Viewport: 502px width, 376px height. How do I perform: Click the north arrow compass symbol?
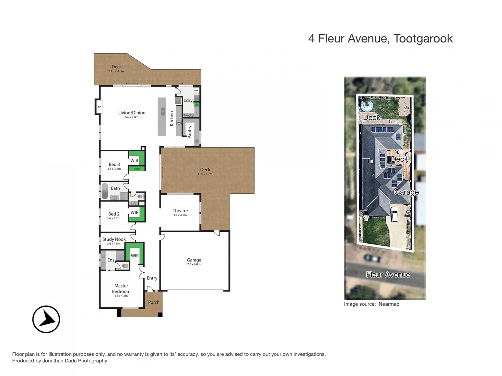click(x=46, y=319)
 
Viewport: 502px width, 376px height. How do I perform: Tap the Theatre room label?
click(x=180, y=211)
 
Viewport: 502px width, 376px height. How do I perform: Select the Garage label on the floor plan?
click(x=194, y=260)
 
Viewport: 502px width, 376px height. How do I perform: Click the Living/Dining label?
click(x=132, y=113)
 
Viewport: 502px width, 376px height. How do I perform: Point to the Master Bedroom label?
click(x=121, y=289)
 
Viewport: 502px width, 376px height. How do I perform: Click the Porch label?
click(x=154, y=302)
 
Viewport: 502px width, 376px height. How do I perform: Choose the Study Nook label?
click(x=114, y=239)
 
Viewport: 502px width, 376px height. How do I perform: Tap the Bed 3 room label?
click(x=114, y=164)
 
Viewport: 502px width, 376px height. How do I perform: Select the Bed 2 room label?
click(x=114, y=214)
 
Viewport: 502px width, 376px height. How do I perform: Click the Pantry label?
click(x=190, y=132)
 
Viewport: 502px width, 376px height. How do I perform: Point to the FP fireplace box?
click(x=99, y=107)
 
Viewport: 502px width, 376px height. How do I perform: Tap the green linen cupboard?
click(x=137, y=169)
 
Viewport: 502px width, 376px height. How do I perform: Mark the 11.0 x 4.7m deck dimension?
click(x=205, y=174)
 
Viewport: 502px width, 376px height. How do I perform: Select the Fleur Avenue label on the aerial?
click(x=388, y=275)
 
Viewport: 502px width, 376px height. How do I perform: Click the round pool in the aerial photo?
click(x=367, y=105)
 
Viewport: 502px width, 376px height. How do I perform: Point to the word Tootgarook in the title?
click(x=423, y=39)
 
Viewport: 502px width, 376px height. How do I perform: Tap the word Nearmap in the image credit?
click(x=389, y=304)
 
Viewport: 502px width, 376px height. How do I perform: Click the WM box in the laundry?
click(x=196, y=91)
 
